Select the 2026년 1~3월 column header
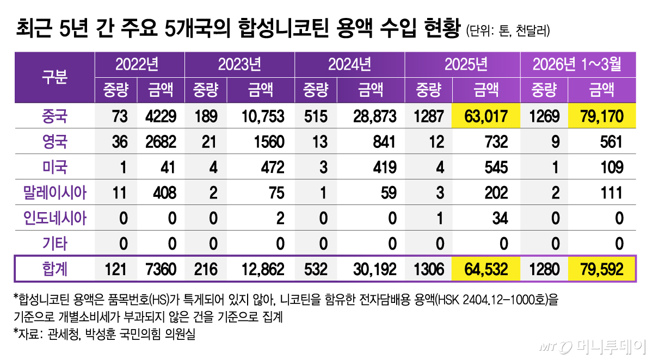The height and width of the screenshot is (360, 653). coord(576,65)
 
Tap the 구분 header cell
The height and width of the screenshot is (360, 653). coord(54,77)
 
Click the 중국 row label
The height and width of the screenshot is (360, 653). coord(54,116)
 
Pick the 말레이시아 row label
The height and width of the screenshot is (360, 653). coord(54,193)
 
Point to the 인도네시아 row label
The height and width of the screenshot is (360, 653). coord(54,218)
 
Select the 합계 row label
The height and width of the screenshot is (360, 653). coord(54,269)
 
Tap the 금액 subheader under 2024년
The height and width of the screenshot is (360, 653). coord(370,90)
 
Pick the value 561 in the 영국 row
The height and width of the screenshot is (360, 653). coord(609,142)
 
